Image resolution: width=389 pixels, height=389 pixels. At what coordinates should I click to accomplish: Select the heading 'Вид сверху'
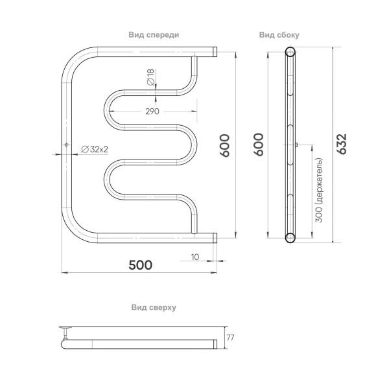(153, 307)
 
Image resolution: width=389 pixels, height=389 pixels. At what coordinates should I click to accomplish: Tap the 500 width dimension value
(140, 265)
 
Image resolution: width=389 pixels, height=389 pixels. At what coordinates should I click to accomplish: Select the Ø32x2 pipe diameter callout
(94, 149)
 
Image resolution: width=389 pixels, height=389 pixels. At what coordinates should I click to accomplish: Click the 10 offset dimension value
(195, 257)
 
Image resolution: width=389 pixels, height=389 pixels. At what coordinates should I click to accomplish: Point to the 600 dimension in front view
(224, 143)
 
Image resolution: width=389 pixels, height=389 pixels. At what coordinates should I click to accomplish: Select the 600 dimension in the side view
(259, 143)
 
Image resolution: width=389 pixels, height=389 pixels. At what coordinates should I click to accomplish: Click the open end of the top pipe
(215, 51)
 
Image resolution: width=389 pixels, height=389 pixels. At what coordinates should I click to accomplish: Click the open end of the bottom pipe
(215, 236)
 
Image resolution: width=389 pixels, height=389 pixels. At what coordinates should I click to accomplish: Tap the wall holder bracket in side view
(295, 145)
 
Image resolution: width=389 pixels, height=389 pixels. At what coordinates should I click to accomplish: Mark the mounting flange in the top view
(64, 327)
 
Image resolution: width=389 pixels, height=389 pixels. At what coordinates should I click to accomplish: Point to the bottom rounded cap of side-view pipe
(290, 238)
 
